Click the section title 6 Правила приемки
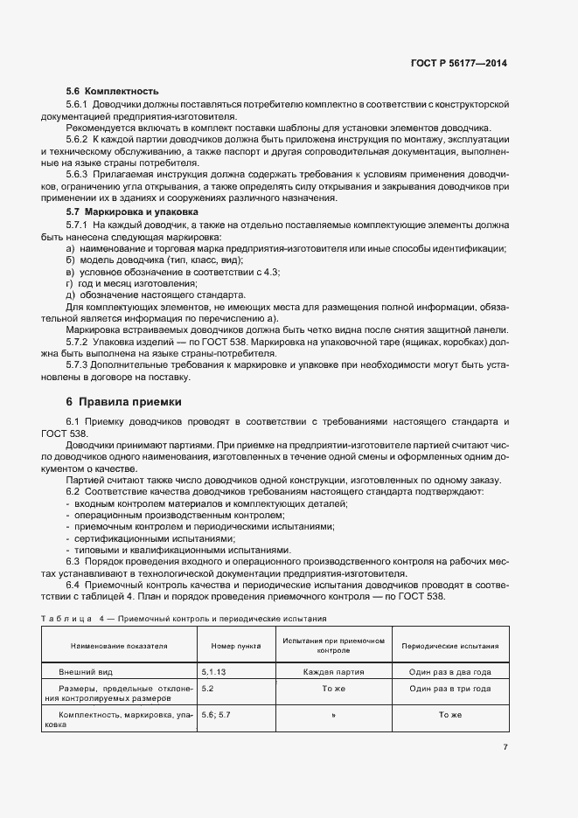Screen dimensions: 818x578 coord(123,402)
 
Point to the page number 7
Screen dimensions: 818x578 coord(505,746)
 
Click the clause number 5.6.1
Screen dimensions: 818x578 coord(79,104)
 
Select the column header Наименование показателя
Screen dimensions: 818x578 coord(120,647)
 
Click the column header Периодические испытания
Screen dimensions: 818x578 coord(449,647)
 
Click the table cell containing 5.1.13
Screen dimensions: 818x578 coord(214,673)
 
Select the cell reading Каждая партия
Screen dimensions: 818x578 coord(333,673)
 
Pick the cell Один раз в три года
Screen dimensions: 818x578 coord(449,689)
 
